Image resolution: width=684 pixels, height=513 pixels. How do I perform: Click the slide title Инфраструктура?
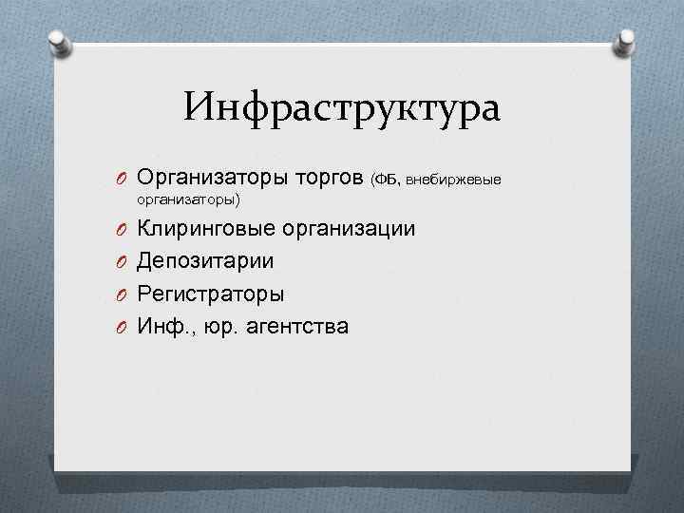pyautogui.click(x=342, y=106)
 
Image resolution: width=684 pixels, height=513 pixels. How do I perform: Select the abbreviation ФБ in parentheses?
pyautogui.click(x=388, y=179)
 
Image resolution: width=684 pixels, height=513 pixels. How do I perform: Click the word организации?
pyautogui.click(x=349, y=229)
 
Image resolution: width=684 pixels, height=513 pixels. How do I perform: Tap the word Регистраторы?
pyautogui.click(x=210, y=294)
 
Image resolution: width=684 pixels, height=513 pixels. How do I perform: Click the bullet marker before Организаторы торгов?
pyautogui.click(x=123, y=179)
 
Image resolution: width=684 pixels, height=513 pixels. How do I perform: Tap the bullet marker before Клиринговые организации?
pyautogui.click(x=123, y=230)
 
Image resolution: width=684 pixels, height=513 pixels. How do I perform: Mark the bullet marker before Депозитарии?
pyautogui.click(x=123, y=262)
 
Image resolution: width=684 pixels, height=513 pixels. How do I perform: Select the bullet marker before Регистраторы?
pyautogui.click(x=123, y=294)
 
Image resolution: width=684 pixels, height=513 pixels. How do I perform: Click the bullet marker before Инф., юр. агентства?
pyautogui.click(x=123, y=327)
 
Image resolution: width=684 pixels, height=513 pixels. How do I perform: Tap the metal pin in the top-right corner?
pyautogui.click(x=628, y=39)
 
